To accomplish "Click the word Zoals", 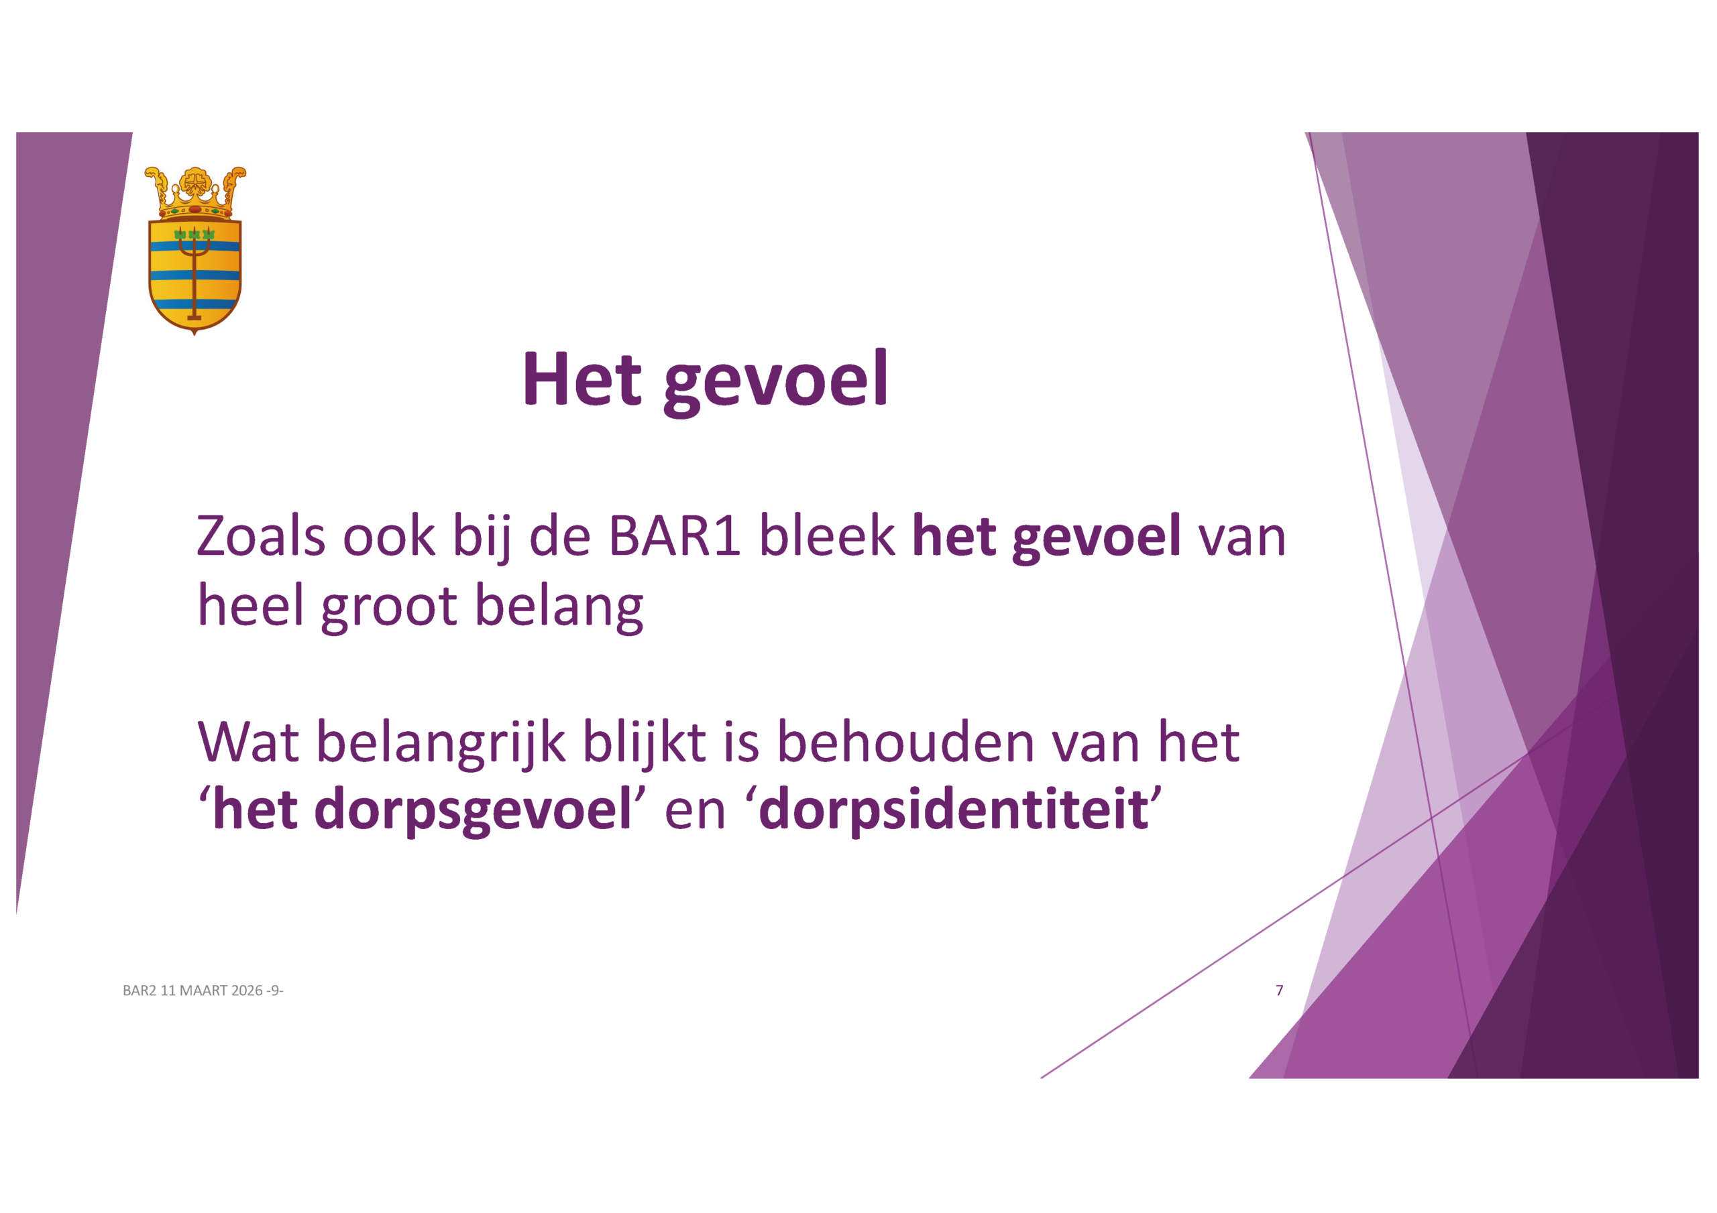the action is (x=261, y=536).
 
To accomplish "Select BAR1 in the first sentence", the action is (x=675, y=536).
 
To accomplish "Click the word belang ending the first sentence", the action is (x=559, y=605).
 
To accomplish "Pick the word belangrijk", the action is (x=441, y=743).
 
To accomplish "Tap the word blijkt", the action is (x=644, y=743).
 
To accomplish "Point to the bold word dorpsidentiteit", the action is (x=954, y=810).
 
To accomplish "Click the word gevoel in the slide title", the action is (x=775, y=381).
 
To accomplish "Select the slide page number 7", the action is (x=1280, y=991).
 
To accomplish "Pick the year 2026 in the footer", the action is (x=247, y=991).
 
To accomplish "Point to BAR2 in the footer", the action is (x=140, y=991).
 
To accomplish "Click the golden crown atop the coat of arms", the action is (x=195, y=192).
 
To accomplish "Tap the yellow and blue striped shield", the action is (x=195, y=275).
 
